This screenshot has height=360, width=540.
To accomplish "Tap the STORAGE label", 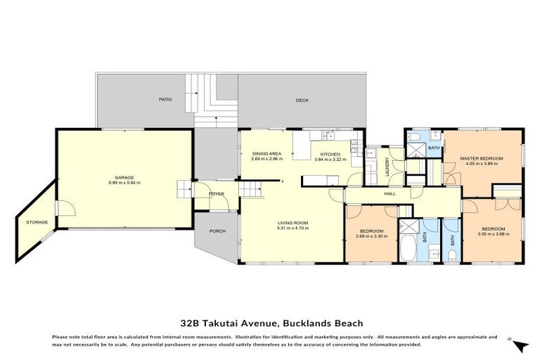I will pos(37,222).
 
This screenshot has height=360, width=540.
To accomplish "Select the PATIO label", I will pos(165,100).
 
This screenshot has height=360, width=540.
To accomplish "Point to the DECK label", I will pos(302,101).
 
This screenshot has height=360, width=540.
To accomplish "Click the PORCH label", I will pos(216,231).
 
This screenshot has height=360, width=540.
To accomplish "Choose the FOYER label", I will pos(217,193).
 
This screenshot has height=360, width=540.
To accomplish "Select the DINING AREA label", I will pos(266,153).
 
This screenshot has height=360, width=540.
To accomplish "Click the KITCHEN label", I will pos(330,153).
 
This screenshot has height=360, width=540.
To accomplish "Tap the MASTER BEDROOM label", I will pos(482,158).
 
